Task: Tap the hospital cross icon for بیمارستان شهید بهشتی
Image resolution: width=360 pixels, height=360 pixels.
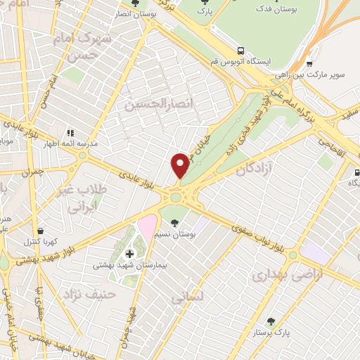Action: pyautogui.click(x=129, y=253)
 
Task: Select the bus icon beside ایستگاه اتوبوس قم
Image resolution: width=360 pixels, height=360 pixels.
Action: pyautogui.click(x=241, y=51)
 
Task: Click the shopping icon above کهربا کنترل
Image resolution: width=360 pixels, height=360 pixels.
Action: pyautogui.click(x=41, y=230)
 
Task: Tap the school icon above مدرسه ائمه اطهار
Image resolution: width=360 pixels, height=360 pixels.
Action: pyautogui.click(x=70, y=132)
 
